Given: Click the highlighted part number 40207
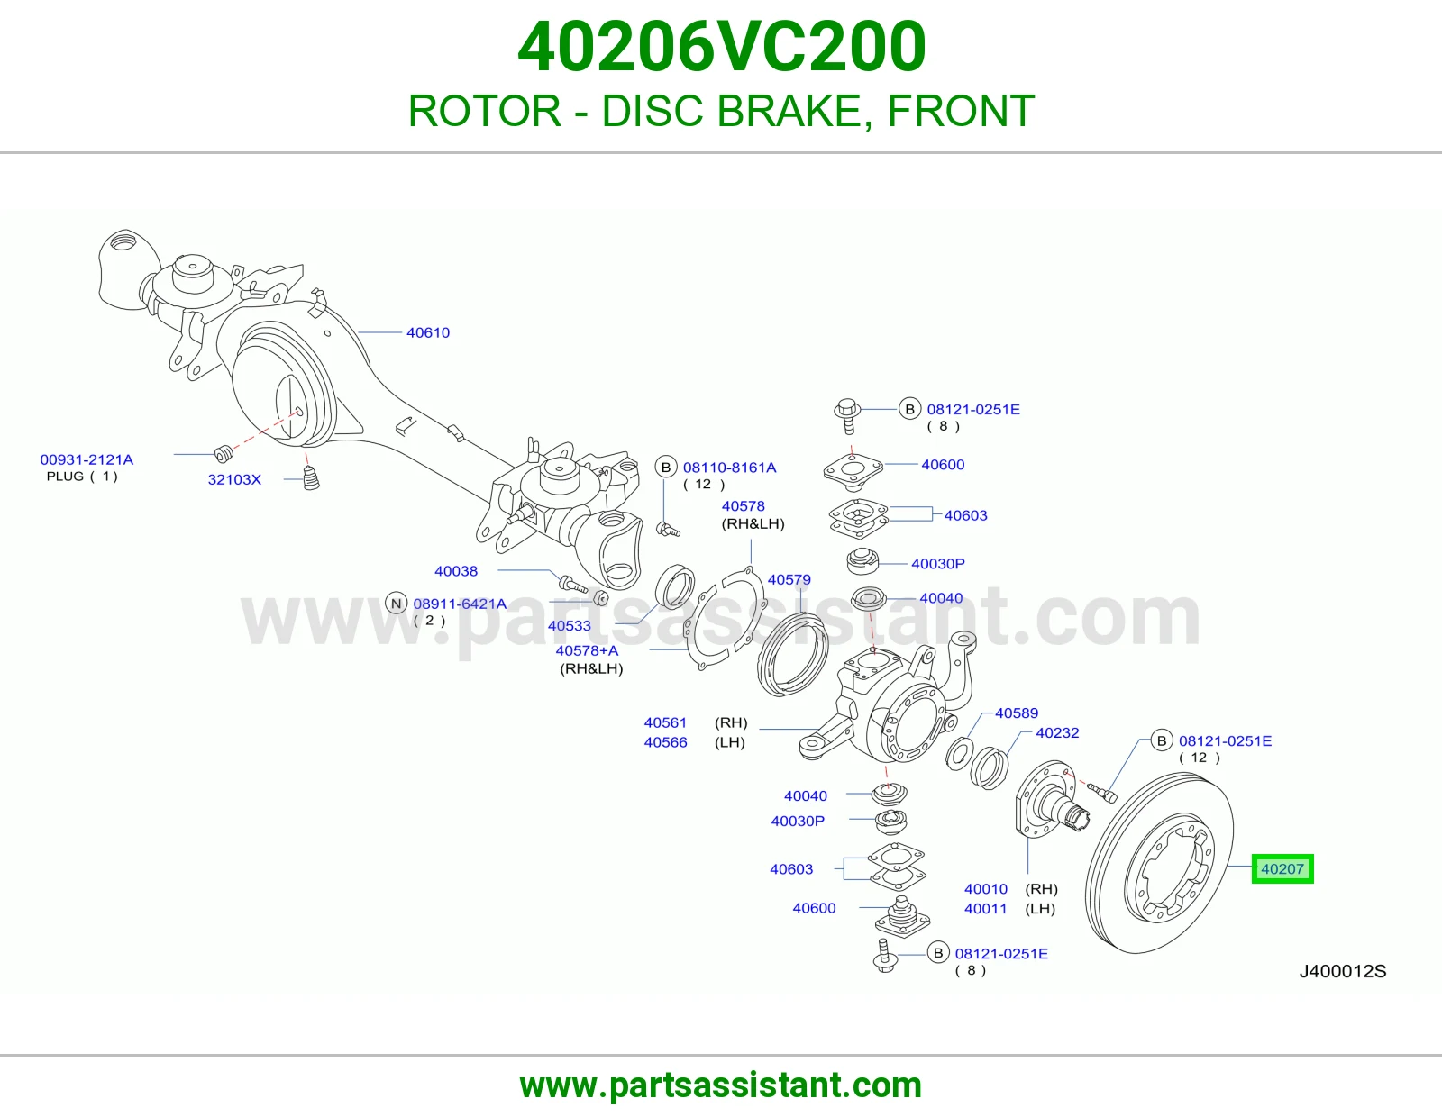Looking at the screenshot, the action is pyautogui.click(x=1282, y=869).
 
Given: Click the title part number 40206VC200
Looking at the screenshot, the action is pyautogui.click(x=721, y=47).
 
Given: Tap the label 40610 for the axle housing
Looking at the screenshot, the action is pyautogui.click(x=428, y=332).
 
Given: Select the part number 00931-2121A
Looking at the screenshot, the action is pyautogui.click(x=87, y=459).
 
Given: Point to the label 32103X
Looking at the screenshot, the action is pyautogui.click(x=234, y=479).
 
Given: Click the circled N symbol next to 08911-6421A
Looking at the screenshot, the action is pyautogui.click(x=397, y=604).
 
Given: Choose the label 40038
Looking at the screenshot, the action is pyautogui.click(x=456, y=571).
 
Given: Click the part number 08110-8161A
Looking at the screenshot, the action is pyautogui.click(x=729, y=468).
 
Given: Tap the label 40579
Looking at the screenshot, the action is pyautogui.click(x=789, y=580).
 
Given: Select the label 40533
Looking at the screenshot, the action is pyautogui.click(x=570, y=625).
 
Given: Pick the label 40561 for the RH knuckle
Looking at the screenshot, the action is pyautogui.click(x=666, y=722).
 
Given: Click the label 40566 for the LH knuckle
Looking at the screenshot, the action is pyautogui.click(x=666, y=742).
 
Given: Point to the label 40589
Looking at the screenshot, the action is pyautogui.click(x=1017, y=713).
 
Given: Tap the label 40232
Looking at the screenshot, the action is pyautogui.click(x=1058, y=733).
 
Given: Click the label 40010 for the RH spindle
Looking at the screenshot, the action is pyautogui.click(x=986, y=889).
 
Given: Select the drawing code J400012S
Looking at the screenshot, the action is pyautogui.click(x=1343, y=972).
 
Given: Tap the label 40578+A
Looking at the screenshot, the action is pyautogui.click(x=587, y=650).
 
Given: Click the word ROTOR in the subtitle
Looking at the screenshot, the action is pyautogui.click(x=485, y=111).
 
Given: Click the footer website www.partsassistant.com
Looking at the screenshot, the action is pyautogui.click(x=721, y=1085).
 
